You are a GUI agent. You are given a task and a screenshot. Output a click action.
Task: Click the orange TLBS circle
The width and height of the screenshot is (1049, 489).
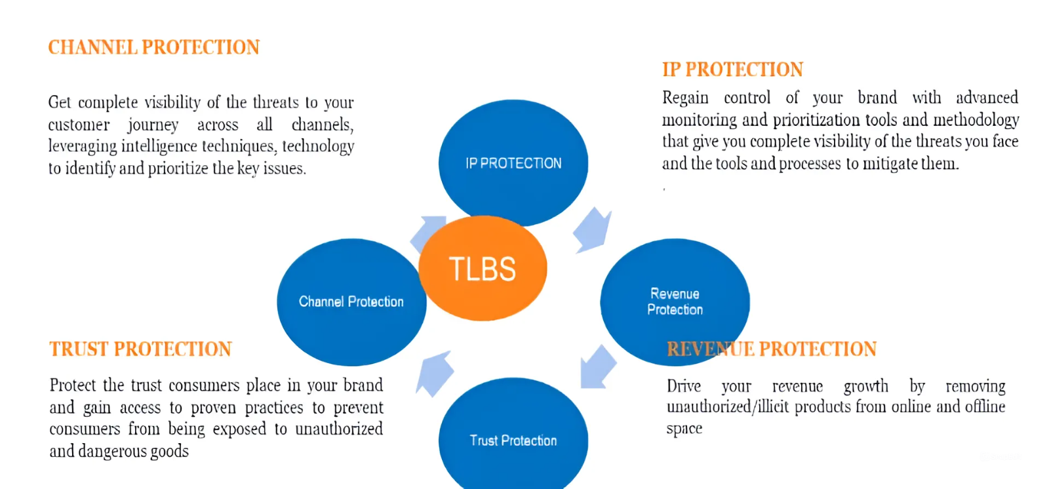(483, 268)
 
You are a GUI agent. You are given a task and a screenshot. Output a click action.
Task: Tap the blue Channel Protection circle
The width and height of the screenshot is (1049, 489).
(351, 302)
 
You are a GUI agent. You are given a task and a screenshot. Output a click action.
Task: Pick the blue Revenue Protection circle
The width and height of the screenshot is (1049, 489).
(675, 302)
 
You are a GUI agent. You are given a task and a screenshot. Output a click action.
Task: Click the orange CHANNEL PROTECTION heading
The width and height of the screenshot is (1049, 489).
(154, 47)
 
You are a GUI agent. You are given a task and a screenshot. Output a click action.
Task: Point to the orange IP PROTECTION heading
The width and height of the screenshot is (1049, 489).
(732, 69)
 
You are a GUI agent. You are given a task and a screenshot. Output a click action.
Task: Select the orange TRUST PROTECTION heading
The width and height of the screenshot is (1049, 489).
(140, 349)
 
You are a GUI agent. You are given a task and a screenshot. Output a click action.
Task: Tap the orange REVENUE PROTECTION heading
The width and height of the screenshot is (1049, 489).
(771, 349)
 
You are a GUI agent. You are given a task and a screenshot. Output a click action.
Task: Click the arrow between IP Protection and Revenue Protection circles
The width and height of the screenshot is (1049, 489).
(593, 230)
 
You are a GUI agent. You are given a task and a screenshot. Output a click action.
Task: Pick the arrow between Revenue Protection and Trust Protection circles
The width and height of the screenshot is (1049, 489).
(597, 367)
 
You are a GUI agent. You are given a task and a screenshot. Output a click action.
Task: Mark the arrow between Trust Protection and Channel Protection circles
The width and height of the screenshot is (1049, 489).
(435, 374)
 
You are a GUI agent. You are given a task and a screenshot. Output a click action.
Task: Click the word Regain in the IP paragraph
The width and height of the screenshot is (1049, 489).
(685, 98)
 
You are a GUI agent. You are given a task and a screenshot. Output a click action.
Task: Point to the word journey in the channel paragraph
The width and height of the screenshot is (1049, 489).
(153, 125)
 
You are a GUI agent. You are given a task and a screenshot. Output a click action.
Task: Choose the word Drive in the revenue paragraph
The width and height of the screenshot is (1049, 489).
(684, 386)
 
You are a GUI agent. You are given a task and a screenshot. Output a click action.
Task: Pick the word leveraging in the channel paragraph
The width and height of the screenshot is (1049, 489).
(83, 147)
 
